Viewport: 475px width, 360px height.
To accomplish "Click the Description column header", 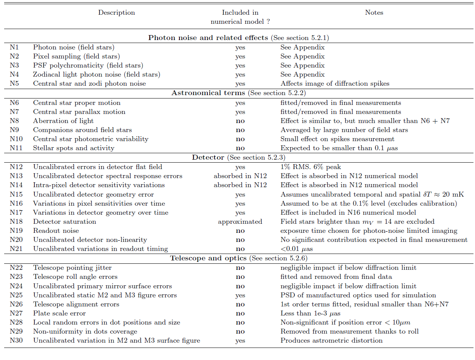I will point(116,12).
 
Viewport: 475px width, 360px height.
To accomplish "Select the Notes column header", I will point(374,12).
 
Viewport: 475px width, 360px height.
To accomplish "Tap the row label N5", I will point(14,83).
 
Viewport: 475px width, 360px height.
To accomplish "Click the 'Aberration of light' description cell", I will point(63,121).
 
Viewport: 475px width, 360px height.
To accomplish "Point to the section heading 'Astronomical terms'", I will point(208,93).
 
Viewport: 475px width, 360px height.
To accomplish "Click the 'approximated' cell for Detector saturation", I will point(240,222).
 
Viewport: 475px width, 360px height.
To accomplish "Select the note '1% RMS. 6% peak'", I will point(311,167).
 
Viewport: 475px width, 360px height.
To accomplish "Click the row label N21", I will point(16,249).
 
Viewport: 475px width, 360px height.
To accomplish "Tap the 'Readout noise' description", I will point(56,231).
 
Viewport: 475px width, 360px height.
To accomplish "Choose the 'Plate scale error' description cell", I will point(60,313).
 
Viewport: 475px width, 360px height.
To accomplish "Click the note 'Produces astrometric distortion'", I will point(331,340).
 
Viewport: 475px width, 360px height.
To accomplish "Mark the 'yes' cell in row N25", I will point(240,295).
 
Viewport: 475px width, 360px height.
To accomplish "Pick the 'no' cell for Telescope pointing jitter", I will point(240,268).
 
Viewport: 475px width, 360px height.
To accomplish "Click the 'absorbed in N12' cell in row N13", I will point(240,176).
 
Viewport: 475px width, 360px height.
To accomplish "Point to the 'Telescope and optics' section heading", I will point(208,258).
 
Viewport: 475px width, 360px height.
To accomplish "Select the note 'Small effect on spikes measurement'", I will point(332,139).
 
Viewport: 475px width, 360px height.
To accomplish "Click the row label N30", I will point(16,340).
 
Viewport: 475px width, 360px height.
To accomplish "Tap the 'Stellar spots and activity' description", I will point(74,148).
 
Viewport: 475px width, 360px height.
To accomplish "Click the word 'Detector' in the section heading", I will point(208,157).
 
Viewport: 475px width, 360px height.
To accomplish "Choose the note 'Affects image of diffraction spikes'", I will point(335,83).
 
